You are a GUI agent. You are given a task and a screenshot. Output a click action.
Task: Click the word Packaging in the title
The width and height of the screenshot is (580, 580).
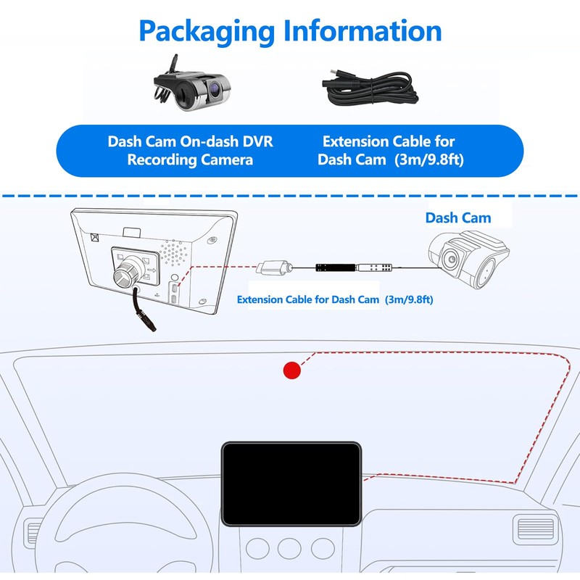[x=207, y=32]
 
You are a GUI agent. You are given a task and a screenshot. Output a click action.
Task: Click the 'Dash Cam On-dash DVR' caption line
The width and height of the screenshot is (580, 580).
[x=190, y=142]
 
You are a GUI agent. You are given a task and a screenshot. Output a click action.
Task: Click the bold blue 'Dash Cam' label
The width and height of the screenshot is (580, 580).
[x=457, y=217]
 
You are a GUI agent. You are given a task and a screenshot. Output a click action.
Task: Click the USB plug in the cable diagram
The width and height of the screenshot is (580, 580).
[x=273, y=266]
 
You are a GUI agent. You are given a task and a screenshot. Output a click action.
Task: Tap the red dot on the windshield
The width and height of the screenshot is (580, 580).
[x=291, y=370]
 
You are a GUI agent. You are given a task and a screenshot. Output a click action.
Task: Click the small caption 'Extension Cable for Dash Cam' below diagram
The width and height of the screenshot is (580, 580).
[x=310, y=299]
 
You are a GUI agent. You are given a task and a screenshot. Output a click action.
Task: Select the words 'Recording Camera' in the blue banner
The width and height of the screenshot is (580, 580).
[x=190, y=160]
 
